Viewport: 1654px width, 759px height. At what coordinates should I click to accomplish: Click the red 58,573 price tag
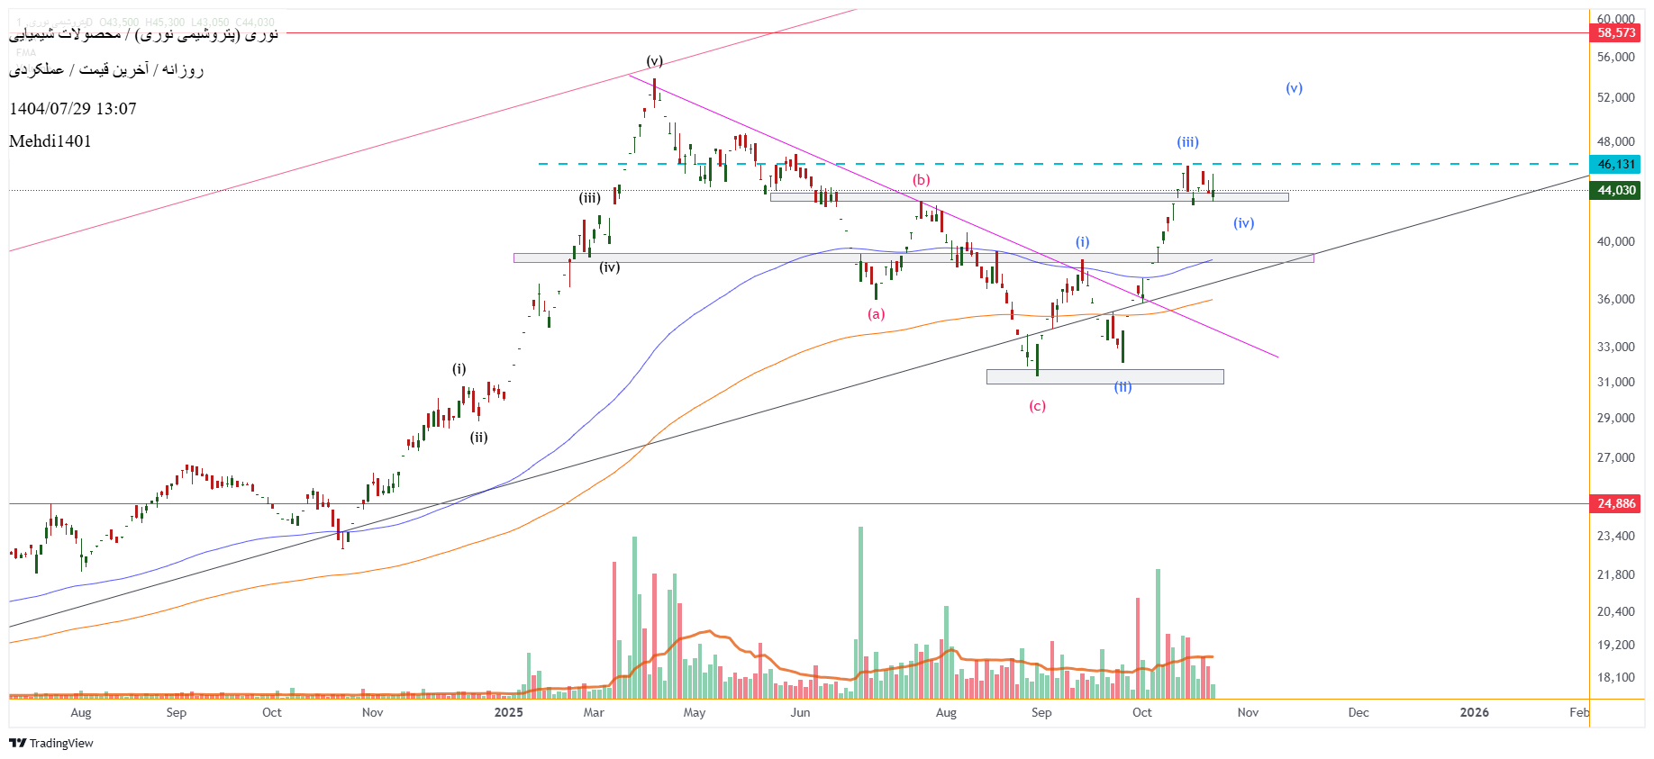[1616, 33]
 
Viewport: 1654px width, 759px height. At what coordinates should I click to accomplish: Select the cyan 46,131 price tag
[1616, 165]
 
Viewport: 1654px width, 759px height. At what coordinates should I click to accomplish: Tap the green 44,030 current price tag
[1616, 191]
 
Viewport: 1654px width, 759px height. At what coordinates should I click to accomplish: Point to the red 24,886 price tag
[1616, 504]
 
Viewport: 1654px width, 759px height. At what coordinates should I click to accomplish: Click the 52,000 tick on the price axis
[1615, 97]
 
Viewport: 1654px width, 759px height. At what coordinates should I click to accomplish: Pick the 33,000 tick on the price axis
[1615, 347]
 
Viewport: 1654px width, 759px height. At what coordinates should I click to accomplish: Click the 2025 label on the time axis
[508, 713]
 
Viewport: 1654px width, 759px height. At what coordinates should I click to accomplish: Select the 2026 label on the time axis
[1474, 713]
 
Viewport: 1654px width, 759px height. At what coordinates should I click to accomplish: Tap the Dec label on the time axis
[1359, 713]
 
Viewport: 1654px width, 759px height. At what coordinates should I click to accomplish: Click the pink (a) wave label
[876, 314]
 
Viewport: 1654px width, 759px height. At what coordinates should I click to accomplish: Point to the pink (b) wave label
[921, 180]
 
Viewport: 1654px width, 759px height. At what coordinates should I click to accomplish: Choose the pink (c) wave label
[1037, 406]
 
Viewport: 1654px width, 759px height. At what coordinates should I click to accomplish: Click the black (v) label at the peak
[654, 61]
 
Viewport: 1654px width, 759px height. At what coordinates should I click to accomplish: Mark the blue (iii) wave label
[1187, 142]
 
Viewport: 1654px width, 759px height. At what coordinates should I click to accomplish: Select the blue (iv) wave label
[1243, 223]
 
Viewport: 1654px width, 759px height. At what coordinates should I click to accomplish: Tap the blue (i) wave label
[1082, 242]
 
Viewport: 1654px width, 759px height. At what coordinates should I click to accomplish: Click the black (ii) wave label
[478, 438]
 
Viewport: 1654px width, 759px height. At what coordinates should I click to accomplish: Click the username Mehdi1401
[50, 141]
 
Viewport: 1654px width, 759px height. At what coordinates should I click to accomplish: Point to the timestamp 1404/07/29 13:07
[73, 109]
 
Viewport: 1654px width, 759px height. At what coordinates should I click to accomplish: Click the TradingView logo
[51, 744]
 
